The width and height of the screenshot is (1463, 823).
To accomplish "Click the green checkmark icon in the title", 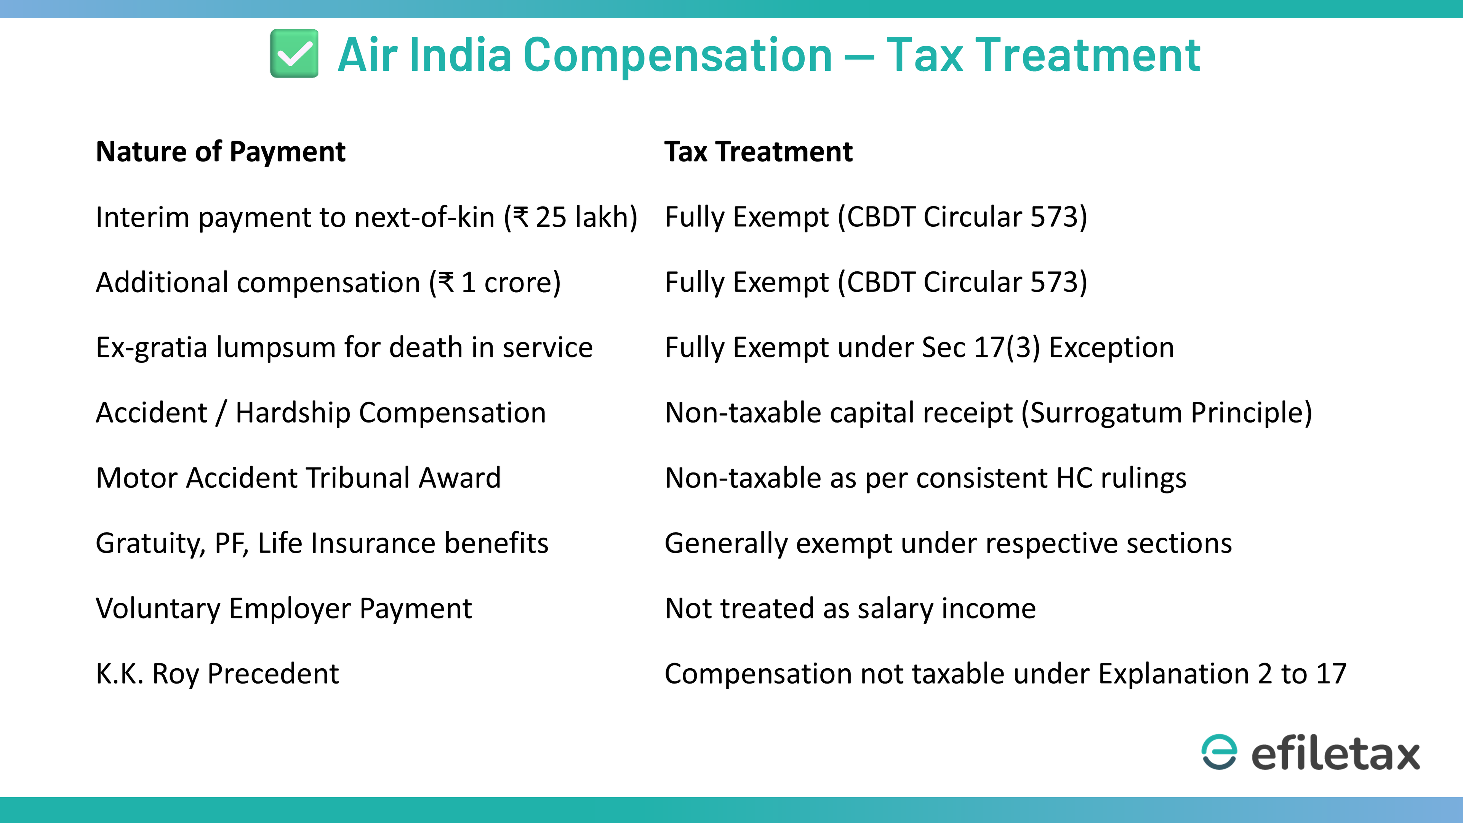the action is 294,53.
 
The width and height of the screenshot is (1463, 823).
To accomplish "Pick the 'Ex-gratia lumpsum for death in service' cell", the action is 344,347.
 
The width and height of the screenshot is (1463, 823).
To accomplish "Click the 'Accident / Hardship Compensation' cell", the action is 321,413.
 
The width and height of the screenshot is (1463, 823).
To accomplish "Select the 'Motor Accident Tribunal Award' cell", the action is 298,478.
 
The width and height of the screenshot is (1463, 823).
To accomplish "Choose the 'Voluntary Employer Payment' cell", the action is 284,609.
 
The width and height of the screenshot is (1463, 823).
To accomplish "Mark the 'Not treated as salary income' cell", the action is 850,609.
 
